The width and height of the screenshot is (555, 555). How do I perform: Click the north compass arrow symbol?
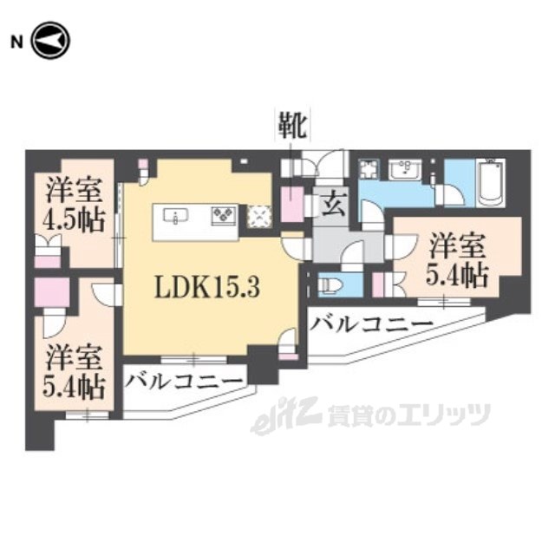click(51, 41)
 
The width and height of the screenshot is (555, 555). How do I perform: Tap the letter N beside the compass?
click(16, 42)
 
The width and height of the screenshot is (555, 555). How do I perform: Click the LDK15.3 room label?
click(207, 287)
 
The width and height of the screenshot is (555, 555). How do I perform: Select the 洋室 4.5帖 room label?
click(74, 206)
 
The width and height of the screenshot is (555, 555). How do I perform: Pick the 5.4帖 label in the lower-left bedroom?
click(74, 388)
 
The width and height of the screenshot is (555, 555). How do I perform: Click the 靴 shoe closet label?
click(292, 125)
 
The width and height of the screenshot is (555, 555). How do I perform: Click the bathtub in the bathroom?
click(490, 183)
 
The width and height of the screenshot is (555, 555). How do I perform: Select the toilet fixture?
click(330, 284)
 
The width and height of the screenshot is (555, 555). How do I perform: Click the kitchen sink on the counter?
click(175, 216)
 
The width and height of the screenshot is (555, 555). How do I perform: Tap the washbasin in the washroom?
click(405, 171)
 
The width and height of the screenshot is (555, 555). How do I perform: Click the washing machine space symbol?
click(369, 169)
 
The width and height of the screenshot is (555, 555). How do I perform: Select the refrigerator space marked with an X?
click(259, 216)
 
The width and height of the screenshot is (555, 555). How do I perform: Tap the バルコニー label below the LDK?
click(185, 382)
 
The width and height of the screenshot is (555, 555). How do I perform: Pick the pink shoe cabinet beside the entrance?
click(292, 205)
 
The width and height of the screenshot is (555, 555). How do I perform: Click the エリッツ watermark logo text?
click(408, 415)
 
